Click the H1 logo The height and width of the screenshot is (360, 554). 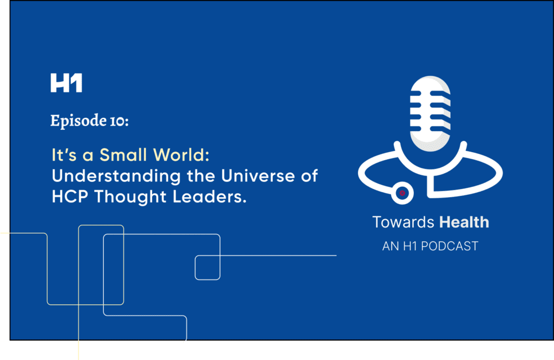pyautogui.click(x=66, y=83)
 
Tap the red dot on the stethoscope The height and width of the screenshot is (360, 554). pyautogui.click(x=402, y=193)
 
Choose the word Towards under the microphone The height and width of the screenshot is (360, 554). pyautogui.click(x=403, y=222)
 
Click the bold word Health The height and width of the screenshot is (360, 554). pyautogui.click(x=464, y=222)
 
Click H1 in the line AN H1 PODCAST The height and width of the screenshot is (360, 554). pyautogui.click(x=410, y=246)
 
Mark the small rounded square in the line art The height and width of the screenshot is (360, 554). pyautogui.click(x=207, y=267)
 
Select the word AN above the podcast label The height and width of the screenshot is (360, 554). pyautogui.click(x=391, y=246)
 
